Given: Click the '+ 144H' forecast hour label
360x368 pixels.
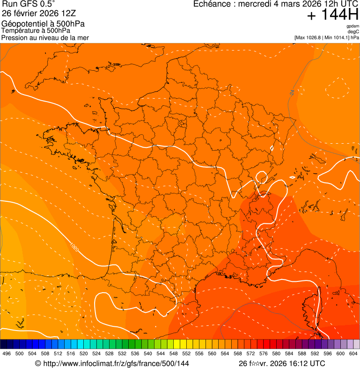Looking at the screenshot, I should (333, 15).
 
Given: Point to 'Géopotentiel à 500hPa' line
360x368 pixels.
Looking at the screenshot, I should (43, 24).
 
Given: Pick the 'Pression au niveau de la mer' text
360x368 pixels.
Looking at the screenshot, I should (45, 37).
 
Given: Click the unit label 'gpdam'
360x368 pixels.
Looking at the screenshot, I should (353, 26).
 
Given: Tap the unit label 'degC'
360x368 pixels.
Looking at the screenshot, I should (353, 32).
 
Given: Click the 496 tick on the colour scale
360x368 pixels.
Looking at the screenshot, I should (7, 353).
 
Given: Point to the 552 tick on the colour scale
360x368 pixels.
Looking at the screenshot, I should (186, 353).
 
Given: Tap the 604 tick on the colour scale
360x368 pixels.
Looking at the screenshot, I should (353, 353).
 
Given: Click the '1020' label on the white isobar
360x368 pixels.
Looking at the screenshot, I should (74, 246).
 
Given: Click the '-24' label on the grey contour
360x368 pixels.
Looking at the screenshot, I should (293, 93).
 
